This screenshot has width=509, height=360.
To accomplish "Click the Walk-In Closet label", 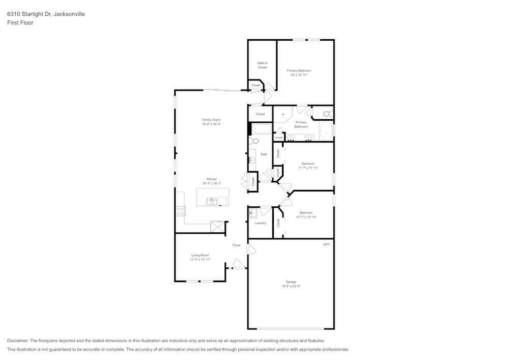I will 262,65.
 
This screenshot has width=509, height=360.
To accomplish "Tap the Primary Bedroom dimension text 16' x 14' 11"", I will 299,75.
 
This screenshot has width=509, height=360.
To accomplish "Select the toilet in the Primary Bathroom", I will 327,113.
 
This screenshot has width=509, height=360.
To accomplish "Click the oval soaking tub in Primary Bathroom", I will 326,131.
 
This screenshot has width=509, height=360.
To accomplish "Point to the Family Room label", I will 211,120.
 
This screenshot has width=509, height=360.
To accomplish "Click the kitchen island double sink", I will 212,202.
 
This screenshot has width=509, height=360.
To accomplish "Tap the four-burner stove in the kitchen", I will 180,211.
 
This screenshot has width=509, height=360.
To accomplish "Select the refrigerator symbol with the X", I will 217,227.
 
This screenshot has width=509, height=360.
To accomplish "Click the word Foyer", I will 237,245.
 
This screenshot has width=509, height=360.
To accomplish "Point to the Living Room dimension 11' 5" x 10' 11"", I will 200,260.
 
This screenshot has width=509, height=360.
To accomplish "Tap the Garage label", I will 291,282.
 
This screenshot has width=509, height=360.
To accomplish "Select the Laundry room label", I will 260,223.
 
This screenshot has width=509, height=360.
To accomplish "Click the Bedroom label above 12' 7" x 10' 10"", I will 306,212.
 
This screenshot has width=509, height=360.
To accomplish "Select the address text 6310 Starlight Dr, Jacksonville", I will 46,14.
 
